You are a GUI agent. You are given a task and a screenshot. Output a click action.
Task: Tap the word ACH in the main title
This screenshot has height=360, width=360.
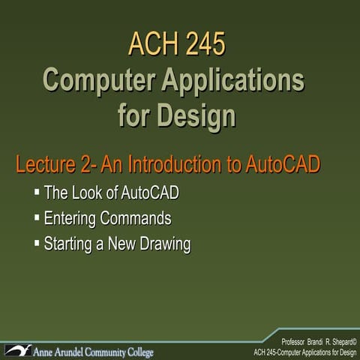151,44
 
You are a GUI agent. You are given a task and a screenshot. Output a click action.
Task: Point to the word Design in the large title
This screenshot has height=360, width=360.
197,116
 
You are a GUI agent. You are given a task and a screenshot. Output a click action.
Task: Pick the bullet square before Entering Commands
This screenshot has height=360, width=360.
37,218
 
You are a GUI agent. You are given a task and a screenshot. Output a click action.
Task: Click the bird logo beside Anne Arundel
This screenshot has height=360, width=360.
18,349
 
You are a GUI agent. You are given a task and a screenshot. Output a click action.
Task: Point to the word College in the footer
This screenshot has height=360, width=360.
133,352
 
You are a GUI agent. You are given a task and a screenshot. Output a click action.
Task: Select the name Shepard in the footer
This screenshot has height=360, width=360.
340,341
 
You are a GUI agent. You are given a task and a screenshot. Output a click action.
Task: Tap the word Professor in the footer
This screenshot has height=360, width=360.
295,341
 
